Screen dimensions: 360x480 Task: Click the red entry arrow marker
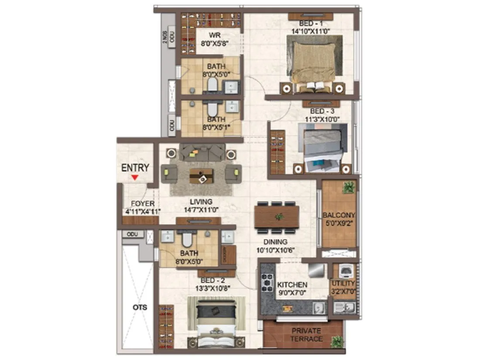135,177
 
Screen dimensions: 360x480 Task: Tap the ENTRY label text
135,168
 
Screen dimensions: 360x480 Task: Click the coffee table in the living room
201,175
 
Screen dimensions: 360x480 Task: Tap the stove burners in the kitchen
266,283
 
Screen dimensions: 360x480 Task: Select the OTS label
141,307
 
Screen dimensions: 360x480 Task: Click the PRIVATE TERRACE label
307,335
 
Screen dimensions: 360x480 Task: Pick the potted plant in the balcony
348,188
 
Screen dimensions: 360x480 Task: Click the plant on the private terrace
336,342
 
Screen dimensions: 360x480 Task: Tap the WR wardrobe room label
214,35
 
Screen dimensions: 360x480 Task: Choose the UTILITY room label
343,284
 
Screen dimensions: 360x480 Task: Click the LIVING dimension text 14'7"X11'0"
201,209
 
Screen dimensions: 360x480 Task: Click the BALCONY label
339,215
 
